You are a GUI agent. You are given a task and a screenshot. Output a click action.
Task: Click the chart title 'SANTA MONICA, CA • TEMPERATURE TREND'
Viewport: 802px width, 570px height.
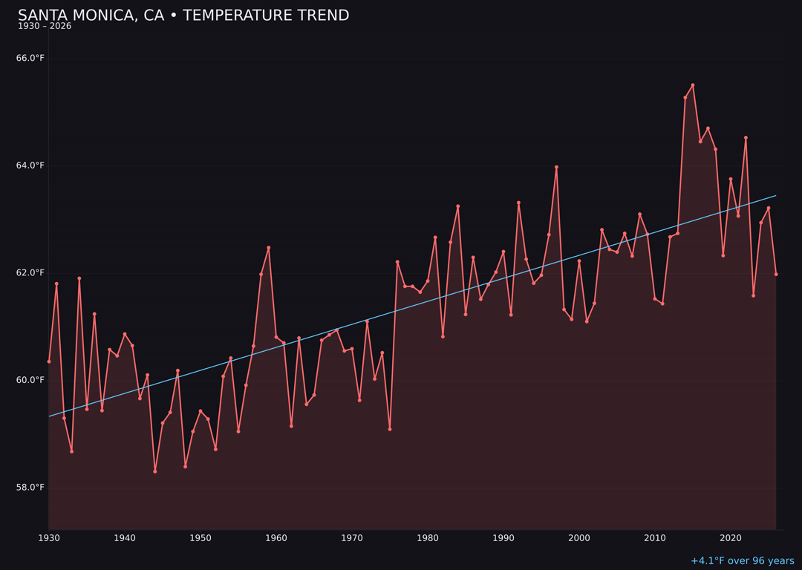(183, 16)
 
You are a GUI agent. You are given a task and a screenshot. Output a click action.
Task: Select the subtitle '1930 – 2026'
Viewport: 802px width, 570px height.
(45, 27)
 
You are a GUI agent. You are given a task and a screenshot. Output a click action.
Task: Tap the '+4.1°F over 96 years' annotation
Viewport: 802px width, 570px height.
(742, 561)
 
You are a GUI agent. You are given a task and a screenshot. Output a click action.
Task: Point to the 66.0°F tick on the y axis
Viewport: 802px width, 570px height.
(30, 58)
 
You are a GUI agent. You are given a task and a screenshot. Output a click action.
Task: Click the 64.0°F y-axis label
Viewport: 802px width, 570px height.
(30, 166)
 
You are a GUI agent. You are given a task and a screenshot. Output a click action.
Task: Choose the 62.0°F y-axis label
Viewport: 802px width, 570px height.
(30, 272)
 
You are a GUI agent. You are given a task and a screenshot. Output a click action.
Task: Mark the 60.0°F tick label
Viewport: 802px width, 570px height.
(30, 380)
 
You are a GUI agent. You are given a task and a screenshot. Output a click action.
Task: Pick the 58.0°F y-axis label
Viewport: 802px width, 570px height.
(30, 487)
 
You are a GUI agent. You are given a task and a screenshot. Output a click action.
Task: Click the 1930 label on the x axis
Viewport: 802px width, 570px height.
(49, 537)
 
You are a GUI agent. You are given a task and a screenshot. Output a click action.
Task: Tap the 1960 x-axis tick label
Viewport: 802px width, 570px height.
(276, 537)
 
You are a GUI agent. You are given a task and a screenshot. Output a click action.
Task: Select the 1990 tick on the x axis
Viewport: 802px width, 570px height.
(503, 537)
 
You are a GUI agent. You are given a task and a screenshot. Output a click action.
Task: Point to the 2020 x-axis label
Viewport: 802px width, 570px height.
(731, 537)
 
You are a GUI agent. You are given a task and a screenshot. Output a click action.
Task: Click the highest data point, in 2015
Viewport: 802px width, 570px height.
(693, 85)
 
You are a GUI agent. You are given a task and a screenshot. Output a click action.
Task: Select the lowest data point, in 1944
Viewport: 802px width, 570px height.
(155, 471)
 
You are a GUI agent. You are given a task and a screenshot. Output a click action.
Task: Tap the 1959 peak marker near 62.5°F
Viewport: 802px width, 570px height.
(269, 248)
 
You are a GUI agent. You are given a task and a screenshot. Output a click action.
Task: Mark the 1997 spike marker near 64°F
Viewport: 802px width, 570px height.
(556, 167)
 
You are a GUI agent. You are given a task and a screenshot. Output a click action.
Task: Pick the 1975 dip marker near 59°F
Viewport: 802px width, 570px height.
(390, 429)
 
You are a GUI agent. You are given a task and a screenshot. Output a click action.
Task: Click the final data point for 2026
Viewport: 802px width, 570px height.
(776, 275)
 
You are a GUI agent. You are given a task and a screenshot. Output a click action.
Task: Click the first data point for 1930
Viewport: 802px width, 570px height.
(49, 361)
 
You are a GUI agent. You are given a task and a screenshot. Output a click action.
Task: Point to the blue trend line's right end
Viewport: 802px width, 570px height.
(776, 196)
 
